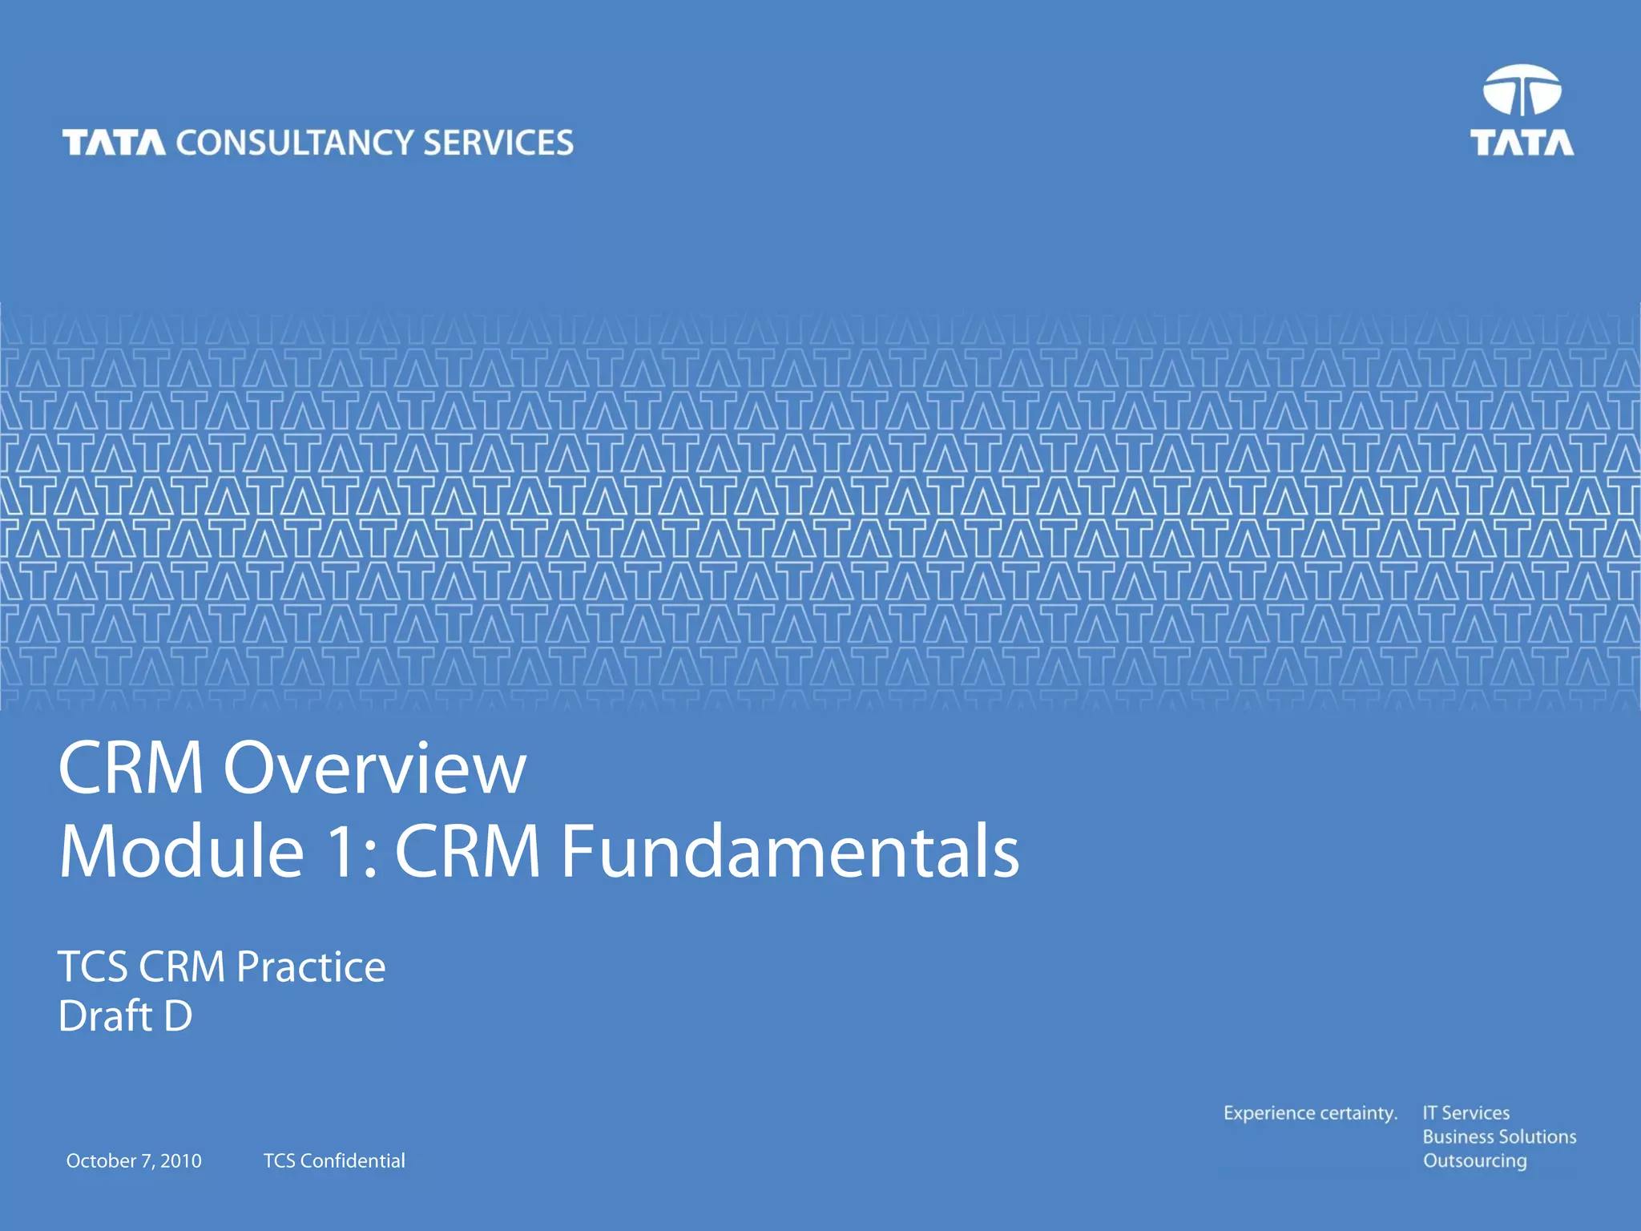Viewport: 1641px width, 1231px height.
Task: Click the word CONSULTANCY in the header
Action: (x=294, y=143)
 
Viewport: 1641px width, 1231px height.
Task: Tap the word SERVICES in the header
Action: (x=498, y=143)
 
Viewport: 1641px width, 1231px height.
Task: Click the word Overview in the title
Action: (x=374, y=768)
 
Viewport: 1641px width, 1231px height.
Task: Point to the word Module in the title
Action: (x=182, y=851)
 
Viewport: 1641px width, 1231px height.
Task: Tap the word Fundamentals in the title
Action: (x=789, y=851)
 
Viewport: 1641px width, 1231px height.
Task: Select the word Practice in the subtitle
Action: (x=311, y=967)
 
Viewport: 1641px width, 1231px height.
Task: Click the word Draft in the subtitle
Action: (x=105, y=1016)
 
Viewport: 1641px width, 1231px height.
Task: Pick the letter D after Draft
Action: (x=178, y=1016)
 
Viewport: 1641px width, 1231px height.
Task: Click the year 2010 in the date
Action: (x=180, y=1160)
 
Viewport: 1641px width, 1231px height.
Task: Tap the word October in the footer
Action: (x=101, y=1160)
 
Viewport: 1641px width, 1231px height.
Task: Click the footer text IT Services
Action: (x=1466, y=1113)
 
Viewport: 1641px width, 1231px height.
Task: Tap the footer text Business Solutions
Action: (x=1499, y=1136)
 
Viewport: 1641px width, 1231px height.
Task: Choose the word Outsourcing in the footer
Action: (x=1474, y=1161)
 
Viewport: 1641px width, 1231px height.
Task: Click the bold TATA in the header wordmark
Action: (x=114, y=143)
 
